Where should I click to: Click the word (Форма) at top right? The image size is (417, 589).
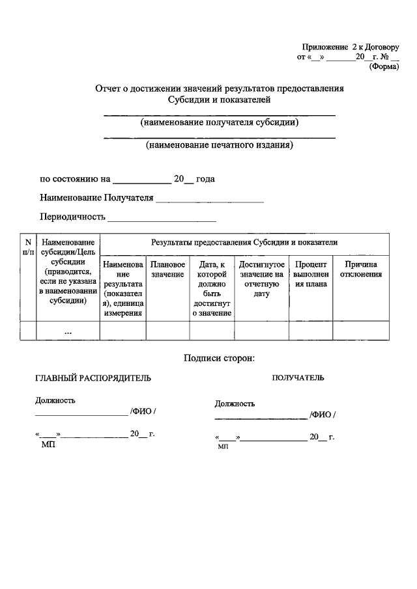pyautogui.click(x=384, y=66)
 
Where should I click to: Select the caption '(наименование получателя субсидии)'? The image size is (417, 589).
pyautogui.click(x=220, y=122)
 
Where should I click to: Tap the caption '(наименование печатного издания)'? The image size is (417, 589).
pyautogui.click(x=220, y=145)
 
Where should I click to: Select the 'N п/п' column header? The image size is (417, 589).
pyautogui.click(x=27, y=247)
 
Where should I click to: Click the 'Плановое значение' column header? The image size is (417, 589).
pyautogui.click(x=167, y=269)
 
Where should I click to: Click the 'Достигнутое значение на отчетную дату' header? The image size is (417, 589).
pyautogui.click(x=261, y=279)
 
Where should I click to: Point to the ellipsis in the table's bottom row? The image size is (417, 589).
pyautogui.click(x=68, y=331)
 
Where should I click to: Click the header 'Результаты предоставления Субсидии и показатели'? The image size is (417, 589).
pyautogui.click(x=244, y=242)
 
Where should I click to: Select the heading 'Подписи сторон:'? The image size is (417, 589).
pyautogui.click(x=219, y=357)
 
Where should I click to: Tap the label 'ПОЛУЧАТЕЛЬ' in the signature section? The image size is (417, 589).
pyautogui.click(x=298, y=377)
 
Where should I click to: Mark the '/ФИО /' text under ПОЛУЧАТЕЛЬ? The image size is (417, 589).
pyautogui.click(x=323, y=415)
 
